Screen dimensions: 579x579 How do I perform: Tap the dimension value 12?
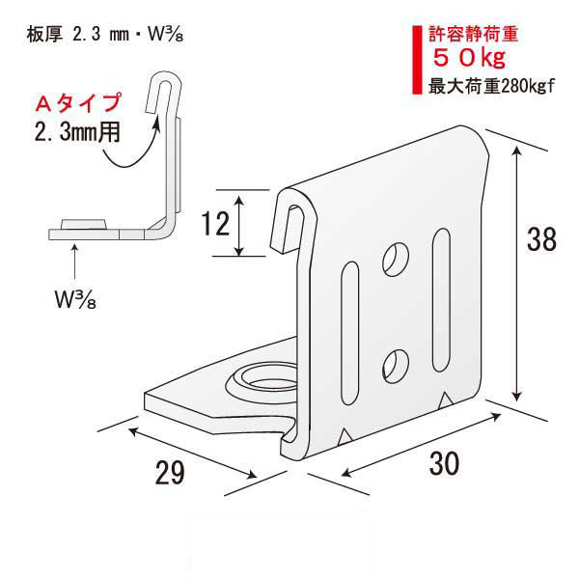coord(217,224)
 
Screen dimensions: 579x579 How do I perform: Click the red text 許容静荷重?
coord(474,36)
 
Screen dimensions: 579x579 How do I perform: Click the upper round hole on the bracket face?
coord(396,257)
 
